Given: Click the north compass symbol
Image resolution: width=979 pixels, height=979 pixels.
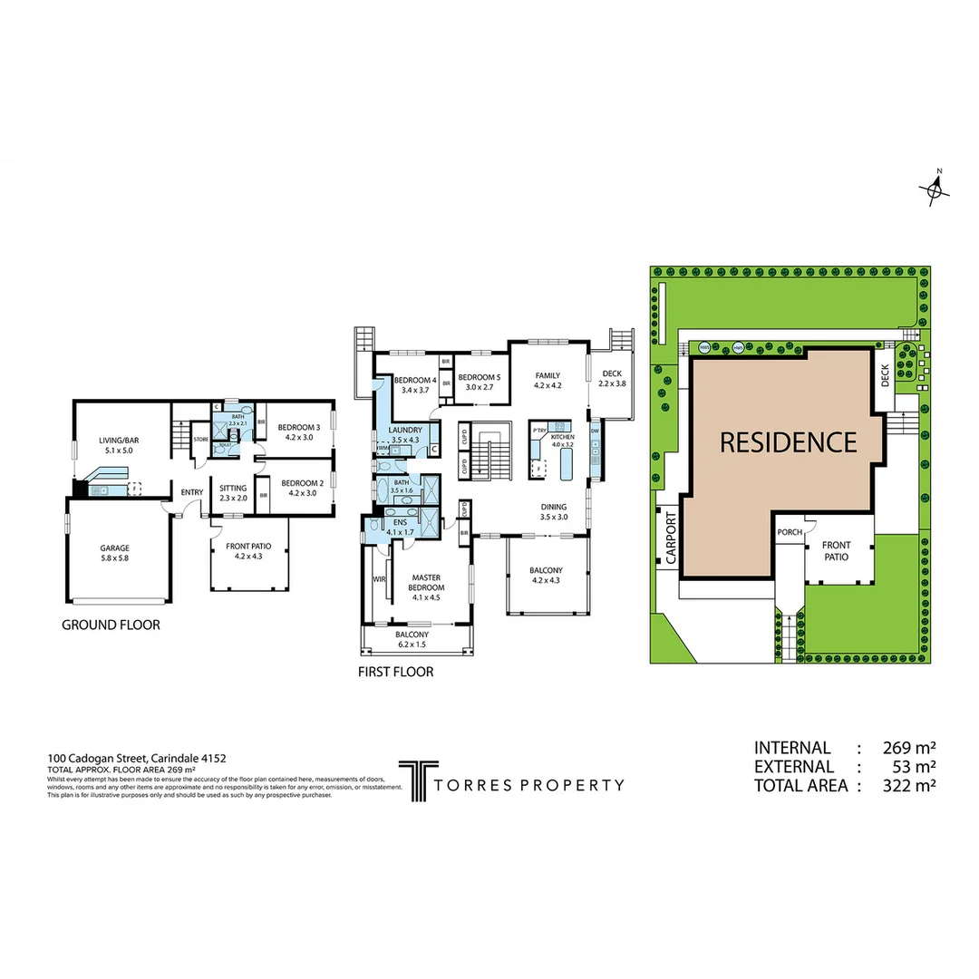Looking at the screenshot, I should [x=935, y=189].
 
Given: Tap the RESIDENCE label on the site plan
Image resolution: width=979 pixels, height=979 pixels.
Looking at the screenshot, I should [x=788, y=442].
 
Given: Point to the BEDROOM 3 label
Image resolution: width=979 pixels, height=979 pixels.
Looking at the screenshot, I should [x=298, y=427].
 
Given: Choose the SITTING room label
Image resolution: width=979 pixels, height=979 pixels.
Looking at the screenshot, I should [x=233, y=488].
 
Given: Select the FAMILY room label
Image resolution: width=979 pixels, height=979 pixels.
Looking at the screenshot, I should [x=548, y=375].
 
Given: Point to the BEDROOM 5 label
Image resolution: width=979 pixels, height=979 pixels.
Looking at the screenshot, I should [x=479, y=377].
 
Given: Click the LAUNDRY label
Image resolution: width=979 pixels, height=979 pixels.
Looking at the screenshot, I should [x=406, y=430].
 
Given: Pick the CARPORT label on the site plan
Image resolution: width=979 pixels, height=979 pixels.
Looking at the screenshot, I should [x=672, y=539].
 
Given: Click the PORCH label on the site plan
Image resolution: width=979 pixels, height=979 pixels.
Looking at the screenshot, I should [x=789, y=532].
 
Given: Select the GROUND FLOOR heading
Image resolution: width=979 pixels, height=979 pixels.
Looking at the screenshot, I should [x=111, y=625].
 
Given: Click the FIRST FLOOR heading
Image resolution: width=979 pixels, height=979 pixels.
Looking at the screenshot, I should [x=395, y=672].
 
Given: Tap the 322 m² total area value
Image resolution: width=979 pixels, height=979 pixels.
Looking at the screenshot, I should [x=908, y=786].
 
